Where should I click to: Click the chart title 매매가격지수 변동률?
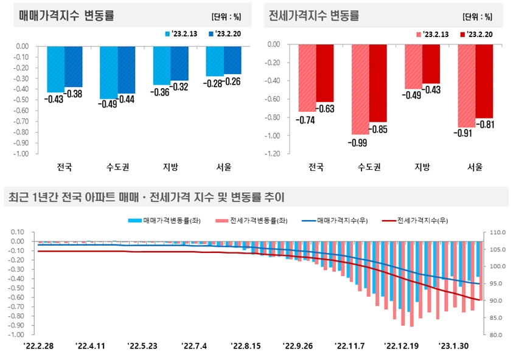[66, 16]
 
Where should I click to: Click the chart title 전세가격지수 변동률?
[314, 16]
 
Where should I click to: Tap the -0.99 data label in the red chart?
[358, 143]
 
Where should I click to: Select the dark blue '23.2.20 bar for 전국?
[73, 66]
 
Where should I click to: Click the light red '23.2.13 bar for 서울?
[466, 85]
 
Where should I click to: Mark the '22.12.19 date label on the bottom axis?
[401, 346]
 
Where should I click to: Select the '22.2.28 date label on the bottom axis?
[38, 346]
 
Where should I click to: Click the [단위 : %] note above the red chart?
[478, 16]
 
